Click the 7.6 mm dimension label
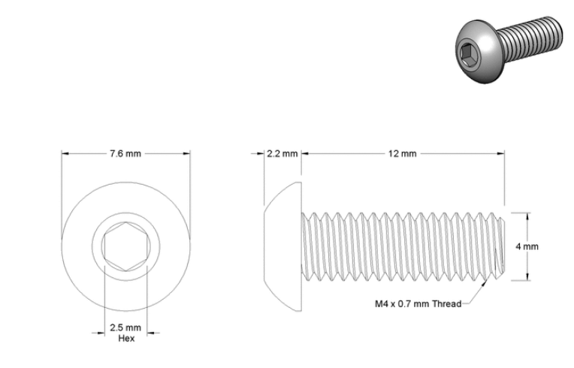(125, 154)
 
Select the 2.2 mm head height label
(282, 154)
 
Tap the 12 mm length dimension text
(402, 154)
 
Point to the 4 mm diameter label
(527, 246)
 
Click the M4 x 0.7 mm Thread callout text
(418, 303)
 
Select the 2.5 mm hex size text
(125, 327)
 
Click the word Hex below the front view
(126, 339)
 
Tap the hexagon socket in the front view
(125, 246)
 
